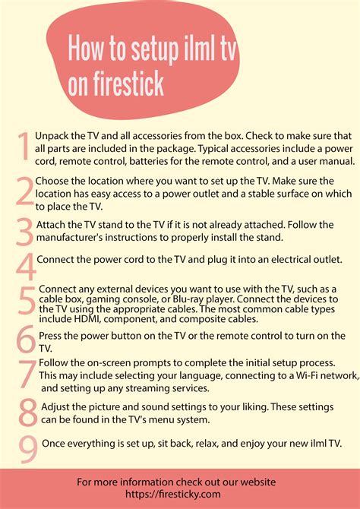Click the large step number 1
point(24,147)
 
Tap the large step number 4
point(26,267)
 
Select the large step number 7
point(28,375)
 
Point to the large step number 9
point(28,450)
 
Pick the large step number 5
point(27,301)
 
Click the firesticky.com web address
point(173,495)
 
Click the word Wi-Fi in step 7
point(307,375)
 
